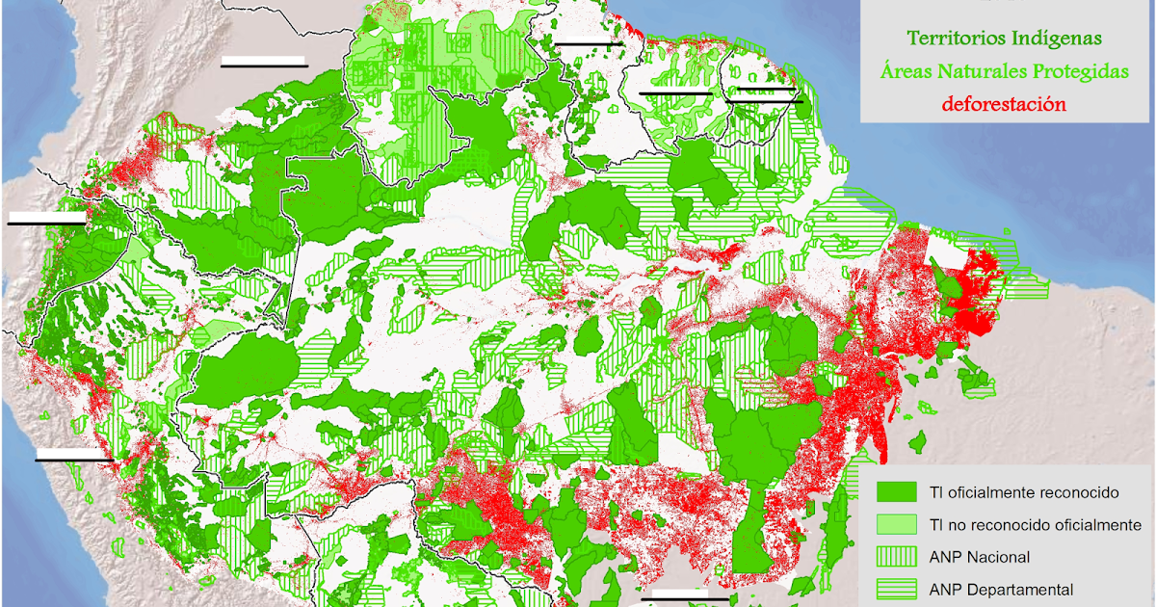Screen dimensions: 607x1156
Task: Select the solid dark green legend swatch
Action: click(x=896, y=491)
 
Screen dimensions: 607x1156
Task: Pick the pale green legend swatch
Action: click(x=896, y=524)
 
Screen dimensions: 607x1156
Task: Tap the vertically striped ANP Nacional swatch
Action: click(x=896, y=557)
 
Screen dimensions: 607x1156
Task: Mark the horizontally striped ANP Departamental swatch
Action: click(x=896, y=589)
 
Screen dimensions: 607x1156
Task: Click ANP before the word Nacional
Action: click(x=948, y=557)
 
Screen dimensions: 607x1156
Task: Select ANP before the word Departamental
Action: click(x=948, y=590)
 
